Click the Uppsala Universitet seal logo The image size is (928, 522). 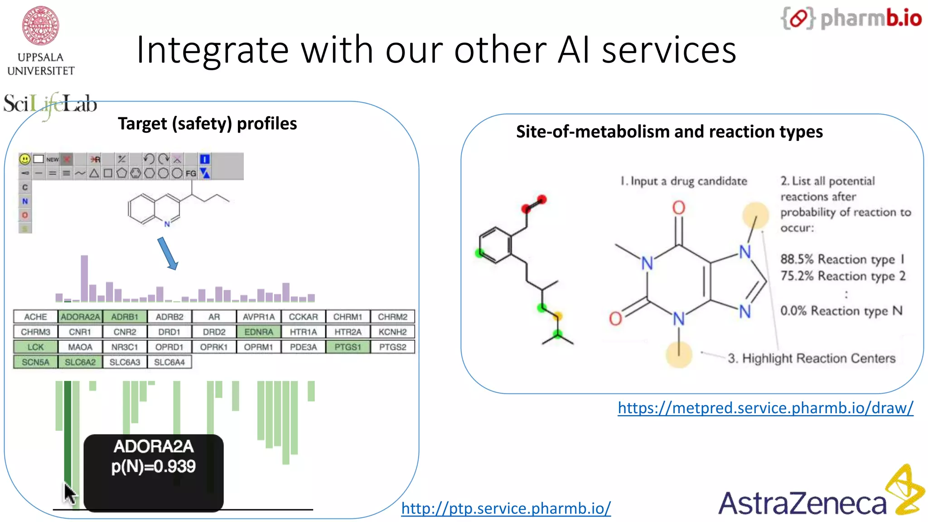pyautogui.click(x=41, y=26)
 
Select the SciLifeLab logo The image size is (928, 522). pyautogui.click(x=50, y=104)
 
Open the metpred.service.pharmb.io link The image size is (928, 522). pyautogui.click(x=765, y=408)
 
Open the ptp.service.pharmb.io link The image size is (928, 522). pyautogui.click(x=506, y=508)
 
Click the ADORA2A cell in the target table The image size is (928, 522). pyautogui.click(x=80, y=317)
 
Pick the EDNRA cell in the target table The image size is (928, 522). pyautogui.click(x=259, y=332)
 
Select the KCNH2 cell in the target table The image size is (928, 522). pyautogui.click(x=392, y=332)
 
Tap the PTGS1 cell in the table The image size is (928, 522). pyautogui.click(x=348, y=347)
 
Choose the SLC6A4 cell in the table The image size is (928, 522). pyautogui.click(x=169, y=362)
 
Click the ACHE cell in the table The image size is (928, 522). pyautogui.click(x=35, y=317)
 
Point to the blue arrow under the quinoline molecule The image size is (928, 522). pyautogui.click(x=168, y=254)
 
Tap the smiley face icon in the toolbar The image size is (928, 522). pyautogui.click(x=25, y=159)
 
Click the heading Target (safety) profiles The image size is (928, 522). pyautogui.click(x=207, y=124)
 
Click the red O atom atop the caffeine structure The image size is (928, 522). pyautogui.click(x=678, y=208)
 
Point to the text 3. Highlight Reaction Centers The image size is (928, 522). pyautogui.click(x=811, y=358)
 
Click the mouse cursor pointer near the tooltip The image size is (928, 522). pyautogui.click(x=69, y=493)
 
